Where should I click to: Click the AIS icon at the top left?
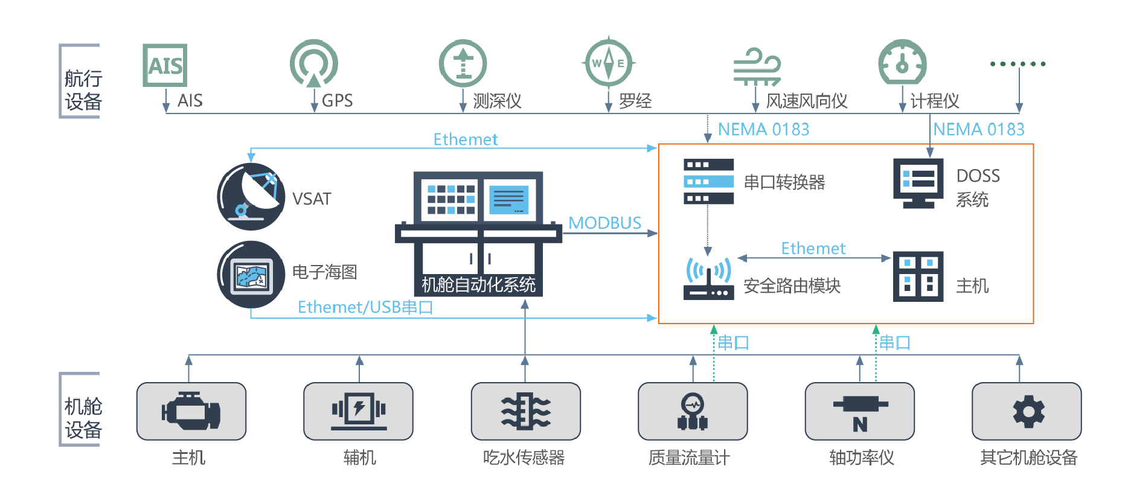tap(165, 65)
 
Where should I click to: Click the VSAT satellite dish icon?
tap(251, 197)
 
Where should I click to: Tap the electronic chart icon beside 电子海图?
tap(251, 275)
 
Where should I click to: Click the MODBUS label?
tap(604, 223)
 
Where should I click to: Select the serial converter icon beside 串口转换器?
tap(708, 182)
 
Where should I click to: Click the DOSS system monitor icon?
tap(918, 183)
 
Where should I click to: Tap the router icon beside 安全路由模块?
tap(708, 278)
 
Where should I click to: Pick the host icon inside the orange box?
tap(918, 276)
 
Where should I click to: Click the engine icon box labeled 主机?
tap(191, 411)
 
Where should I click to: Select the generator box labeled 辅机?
tap(359, 411)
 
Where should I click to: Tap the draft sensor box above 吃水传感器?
tap(525, 411)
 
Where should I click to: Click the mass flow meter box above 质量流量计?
tap(693, 411)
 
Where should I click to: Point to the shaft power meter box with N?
tap(859, 411)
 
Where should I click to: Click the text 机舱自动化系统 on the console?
tap(478, 284)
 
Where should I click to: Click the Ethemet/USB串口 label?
tap(365, 307)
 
